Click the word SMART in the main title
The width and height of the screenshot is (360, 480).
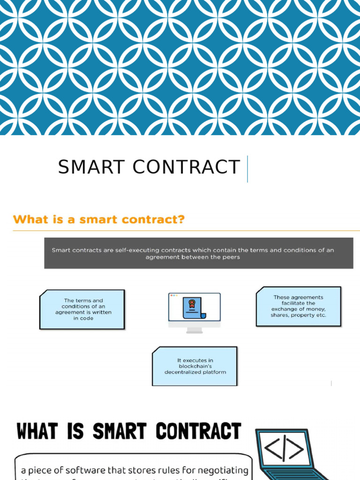tap(92, 167)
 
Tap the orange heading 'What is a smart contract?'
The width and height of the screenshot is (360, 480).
tap(98, 219)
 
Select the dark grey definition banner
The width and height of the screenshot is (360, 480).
tap(198, 253)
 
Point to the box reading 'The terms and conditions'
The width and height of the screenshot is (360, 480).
tap(82, 309)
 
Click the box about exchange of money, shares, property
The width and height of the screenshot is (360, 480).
tap(298, 306)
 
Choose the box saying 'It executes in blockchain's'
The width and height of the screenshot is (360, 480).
tap(195, 366)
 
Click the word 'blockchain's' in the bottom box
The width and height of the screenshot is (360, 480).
tap(195, 366)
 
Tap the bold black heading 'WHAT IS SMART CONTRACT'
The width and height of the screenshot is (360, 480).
tap(129, 431)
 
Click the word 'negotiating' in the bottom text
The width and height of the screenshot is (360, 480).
tap(221, 469)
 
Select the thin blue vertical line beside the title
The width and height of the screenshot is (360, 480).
tap(247, 169)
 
